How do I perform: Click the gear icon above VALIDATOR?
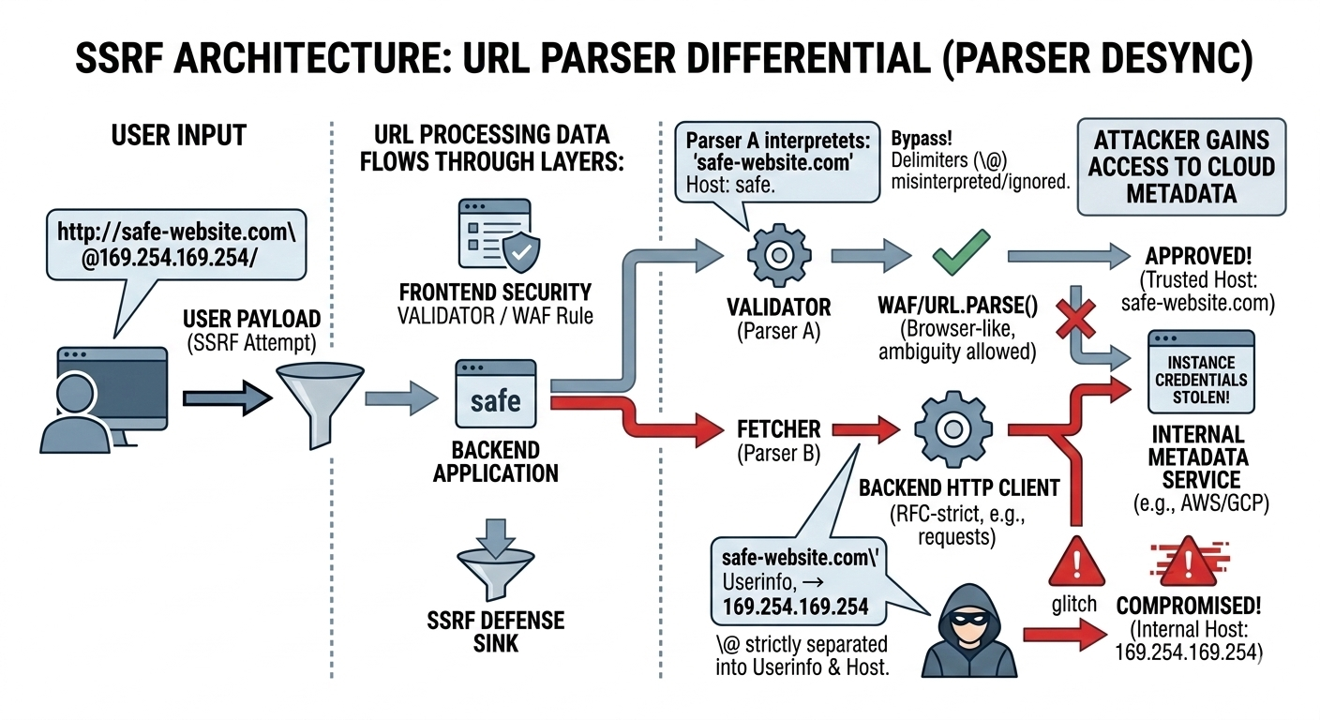(x=777, y=254)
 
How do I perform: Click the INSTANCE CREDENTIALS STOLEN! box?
(x=1201, y=372)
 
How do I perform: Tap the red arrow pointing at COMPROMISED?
(x=1060, y=635)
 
